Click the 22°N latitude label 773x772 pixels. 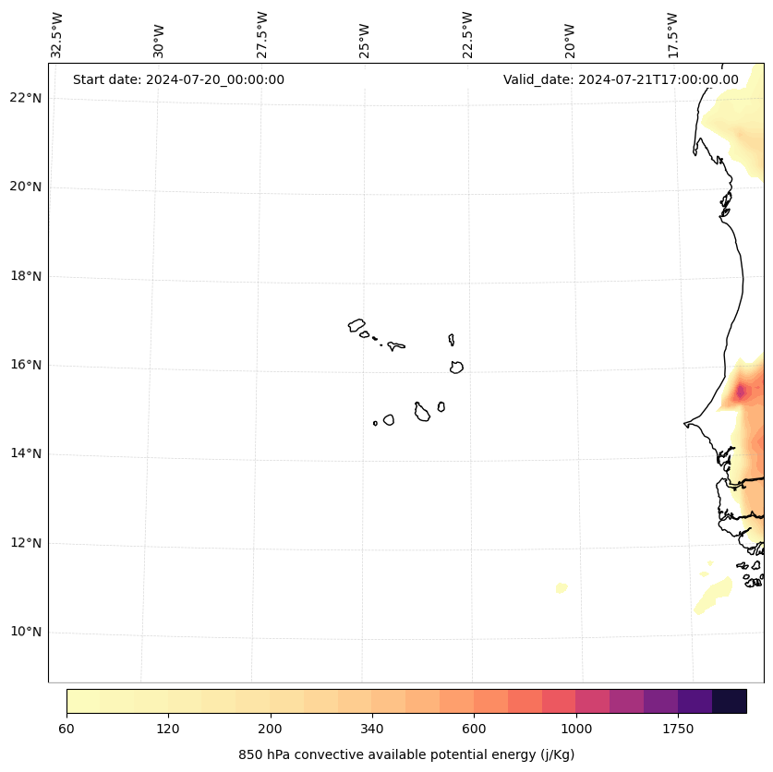click(x=24, y=98)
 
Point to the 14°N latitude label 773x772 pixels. click(x=24, y=453)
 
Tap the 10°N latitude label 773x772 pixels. click(x=24, y=632)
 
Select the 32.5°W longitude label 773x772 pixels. click(x=57, y=35)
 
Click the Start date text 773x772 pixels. click(x=178, y=79)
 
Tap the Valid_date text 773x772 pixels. click(x=621, y=79)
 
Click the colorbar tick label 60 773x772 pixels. click(x=66, y=730)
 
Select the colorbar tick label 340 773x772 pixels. click(x=372, y=730)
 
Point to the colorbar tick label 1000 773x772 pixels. click(x=576, y=730)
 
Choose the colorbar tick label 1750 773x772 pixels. click(x=678, y=730)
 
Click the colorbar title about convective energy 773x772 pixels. click(x=406, y=754)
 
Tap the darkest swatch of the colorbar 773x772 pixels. click(x=729, y=701)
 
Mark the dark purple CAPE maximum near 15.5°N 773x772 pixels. click(x=740, y=392)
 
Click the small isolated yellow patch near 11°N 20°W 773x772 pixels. click(x=561, y=587)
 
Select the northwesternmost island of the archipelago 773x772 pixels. click(x=356, y=325)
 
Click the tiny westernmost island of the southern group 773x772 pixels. click(x=375, y=423)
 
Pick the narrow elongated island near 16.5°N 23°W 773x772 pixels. click(x=452, y=340)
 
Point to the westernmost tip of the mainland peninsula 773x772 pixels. click(x=685, y=424)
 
